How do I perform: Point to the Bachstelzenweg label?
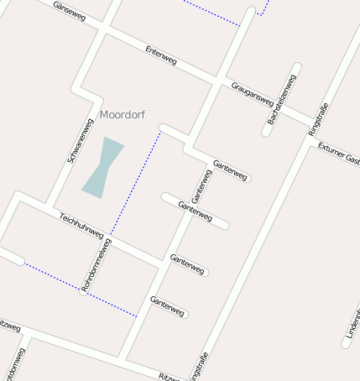click(x=282, y=101)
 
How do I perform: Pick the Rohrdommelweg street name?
click(x=96, y=264)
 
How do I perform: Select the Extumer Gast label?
click(x=338, y=154)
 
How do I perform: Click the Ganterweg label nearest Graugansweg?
click(x=230, y=170)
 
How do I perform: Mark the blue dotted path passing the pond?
click(x=134, y=180)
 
